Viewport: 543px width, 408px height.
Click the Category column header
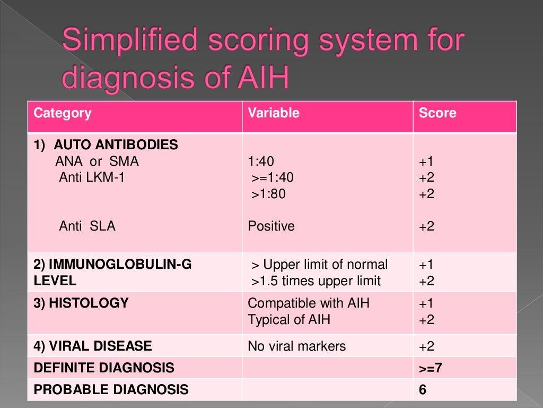pos(63,113)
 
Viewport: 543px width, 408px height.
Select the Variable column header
pos(274,113)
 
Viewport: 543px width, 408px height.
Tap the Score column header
pos(437,113)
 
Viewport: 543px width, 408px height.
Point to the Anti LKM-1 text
pos(92,177)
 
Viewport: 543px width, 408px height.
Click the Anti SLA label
pos(87,226)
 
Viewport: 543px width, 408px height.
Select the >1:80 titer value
pos(268,194)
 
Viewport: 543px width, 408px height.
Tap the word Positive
pos(271,226)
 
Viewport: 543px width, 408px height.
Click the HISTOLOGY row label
pos(81,303)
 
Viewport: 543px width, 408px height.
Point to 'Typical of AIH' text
pos(290,320)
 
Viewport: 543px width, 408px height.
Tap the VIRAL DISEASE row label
pos(93,346)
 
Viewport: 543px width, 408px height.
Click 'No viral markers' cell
pos(296,346)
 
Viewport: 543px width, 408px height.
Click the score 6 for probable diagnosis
pos(422,389)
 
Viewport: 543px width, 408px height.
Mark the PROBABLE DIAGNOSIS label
pos(111,389)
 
